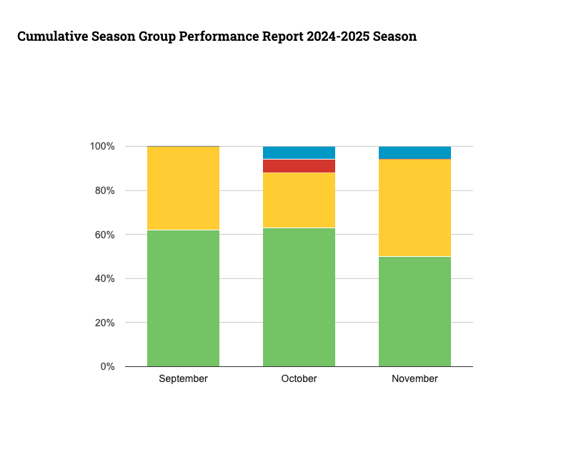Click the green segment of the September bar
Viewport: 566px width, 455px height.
click(x=183, y=298)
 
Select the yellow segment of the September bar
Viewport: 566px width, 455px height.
click(x=183, y=188)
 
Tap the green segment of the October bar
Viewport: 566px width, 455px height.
click(x=299, y=297)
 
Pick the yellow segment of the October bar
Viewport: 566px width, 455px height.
click(x=299, y=200)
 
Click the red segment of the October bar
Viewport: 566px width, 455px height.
click(x=299, y=166)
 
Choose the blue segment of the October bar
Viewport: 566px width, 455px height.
click(x=299, y=152)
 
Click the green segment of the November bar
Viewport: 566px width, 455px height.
click(x=414, y=311)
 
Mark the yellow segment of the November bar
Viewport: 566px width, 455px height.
click(x=414, y=207)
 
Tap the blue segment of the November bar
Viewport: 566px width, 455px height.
click(x=414, y=152)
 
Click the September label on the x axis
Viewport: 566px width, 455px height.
click(x=183, y=379)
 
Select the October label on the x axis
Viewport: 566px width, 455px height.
click(x=299, y=379)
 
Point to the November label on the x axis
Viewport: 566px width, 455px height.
click(x=414, y=379)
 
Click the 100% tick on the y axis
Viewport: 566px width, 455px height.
click(x=102, y=147)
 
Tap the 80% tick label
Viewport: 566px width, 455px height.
click(x=104, y=191)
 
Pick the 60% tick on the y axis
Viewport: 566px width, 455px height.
click(x=104, y=235)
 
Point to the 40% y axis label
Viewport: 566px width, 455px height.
click(x=104, y=279)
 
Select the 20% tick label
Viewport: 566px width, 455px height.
click(x=104, y=323)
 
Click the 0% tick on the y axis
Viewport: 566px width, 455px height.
click(x=107, y=367)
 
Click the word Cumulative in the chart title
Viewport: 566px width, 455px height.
click(x=54, y=36)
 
